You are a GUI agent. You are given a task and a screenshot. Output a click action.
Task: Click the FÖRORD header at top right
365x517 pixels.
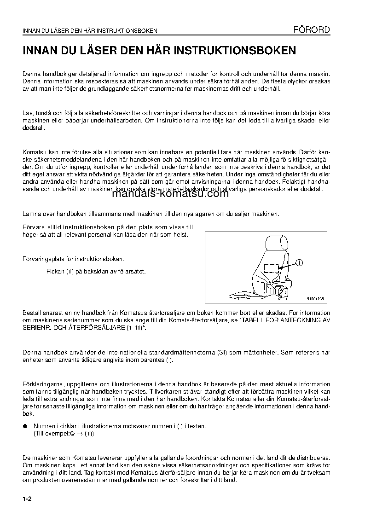point(312,30)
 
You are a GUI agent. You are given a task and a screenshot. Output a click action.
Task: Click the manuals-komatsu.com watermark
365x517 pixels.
point(170,193)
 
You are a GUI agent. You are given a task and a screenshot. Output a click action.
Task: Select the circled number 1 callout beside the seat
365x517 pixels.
point(299,263)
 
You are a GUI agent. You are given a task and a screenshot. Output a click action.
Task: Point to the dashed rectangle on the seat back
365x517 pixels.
point(271,268)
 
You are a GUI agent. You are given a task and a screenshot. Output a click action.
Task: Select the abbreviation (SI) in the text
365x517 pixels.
point(254,353)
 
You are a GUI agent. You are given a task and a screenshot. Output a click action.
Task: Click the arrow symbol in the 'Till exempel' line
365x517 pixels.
point(80,434)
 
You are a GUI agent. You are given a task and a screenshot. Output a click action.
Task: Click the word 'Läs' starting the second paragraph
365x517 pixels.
point(27,113)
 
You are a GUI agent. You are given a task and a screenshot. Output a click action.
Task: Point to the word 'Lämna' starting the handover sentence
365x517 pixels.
point(32,214)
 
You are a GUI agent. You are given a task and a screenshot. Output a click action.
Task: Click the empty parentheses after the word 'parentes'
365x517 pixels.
point(169,360)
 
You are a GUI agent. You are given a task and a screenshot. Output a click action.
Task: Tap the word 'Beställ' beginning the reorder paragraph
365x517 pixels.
point(33,313)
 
